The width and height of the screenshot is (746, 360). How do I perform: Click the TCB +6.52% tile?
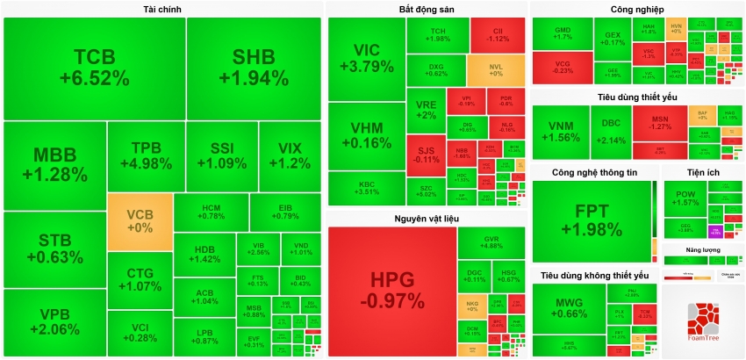coord(94,68)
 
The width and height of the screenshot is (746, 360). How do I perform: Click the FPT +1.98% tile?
coord(596,220)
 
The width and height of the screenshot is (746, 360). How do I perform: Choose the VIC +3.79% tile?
coord(366,58)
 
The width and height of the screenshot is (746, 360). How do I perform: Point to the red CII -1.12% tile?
coord(498,34)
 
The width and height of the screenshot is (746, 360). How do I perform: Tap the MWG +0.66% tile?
coord(570,308)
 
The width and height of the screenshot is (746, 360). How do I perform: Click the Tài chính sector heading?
coord(162,9)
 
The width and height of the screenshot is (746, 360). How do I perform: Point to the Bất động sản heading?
coord(426,9)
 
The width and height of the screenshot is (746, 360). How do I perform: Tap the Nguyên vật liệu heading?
coord(426,218)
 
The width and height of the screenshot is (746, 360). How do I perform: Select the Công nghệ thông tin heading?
coord(594,172)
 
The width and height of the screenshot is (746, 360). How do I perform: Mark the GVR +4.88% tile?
coord(491,241)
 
